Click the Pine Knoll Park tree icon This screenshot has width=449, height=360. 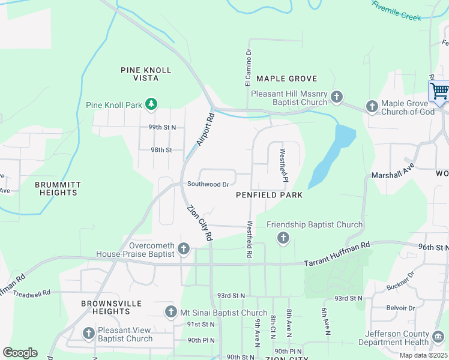point(152,105)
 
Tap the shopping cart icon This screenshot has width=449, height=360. point(439,92)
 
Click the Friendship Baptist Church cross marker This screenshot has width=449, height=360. point(283,239)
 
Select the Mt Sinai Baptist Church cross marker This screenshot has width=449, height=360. point(171,313)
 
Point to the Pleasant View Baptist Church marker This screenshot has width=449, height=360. point(89,333)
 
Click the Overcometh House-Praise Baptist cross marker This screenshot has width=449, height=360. point(184,248)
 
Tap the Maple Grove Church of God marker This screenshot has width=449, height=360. point(372,107)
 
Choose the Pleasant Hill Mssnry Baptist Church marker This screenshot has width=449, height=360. point(337,97)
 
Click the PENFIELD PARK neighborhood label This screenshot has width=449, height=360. point(269,195)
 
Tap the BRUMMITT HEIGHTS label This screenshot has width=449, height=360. point(56,188)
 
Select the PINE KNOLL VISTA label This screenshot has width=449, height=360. point(146,74)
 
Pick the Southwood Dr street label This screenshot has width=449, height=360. point(208,185)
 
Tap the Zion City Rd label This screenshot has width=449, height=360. point(200,223)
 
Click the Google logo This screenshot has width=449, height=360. point(20,353)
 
